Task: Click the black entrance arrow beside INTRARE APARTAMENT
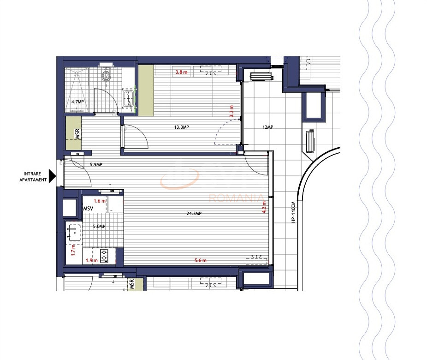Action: point(52,176)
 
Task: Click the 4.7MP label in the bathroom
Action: point(77,102)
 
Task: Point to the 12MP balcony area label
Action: point(267,127)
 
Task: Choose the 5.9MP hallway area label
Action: point(95,165)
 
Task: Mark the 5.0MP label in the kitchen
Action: point(99,227)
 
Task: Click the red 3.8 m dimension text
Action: point(181,72)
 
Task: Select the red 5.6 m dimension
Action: point(200,261)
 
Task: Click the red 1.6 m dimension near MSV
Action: point(100,201)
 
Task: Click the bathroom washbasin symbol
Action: point(128,98)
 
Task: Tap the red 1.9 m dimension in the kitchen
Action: point(92,260)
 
